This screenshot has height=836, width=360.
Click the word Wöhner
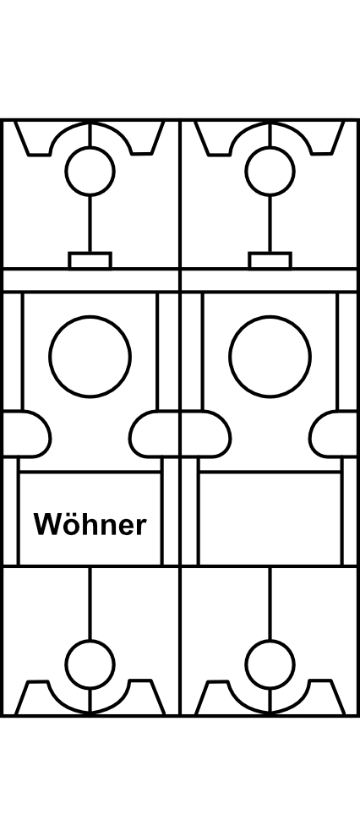point(90,525)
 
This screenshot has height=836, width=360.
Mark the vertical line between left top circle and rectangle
point(90,224)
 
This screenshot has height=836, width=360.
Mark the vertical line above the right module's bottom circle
point(270,604)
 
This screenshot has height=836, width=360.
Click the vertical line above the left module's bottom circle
point(90,604)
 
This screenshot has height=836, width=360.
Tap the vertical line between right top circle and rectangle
point(270,224)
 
